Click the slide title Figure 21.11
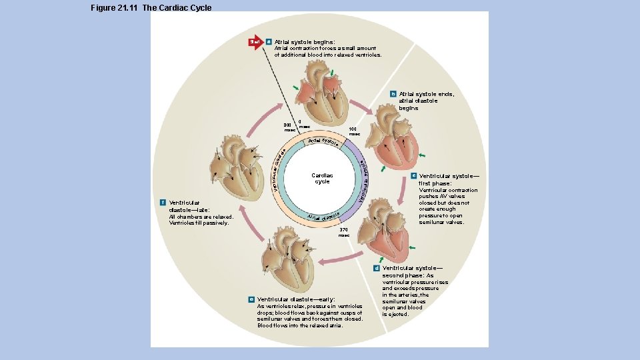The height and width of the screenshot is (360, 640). [151, 8]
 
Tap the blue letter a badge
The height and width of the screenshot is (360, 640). [268, 42]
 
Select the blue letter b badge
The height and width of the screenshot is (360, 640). [393, 94]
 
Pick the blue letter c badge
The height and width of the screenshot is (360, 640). [413, 176]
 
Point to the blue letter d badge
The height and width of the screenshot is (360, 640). [377, 268]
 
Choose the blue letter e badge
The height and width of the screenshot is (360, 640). [251, 299]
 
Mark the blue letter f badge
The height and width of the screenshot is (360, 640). [163, 203]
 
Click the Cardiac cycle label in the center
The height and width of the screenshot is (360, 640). [322, 179]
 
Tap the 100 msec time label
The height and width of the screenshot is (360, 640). [354, 131]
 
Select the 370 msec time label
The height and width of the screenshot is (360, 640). [343, 232]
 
